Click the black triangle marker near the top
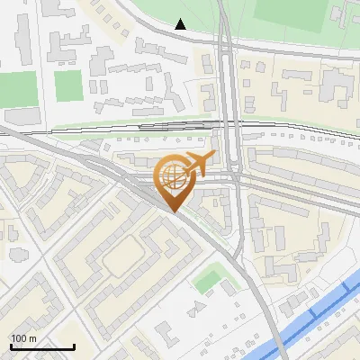coord(181,24)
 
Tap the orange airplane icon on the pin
coord(197,165)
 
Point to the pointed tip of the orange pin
coord(174,212)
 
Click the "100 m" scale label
coord(23,338)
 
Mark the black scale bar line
coord(41,346)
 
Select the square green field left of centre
coord(68,86)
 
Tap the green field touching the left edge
coord(15,90)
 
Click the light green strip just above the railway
coord(135,123)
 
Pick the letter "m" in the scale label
coord(32,338)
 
